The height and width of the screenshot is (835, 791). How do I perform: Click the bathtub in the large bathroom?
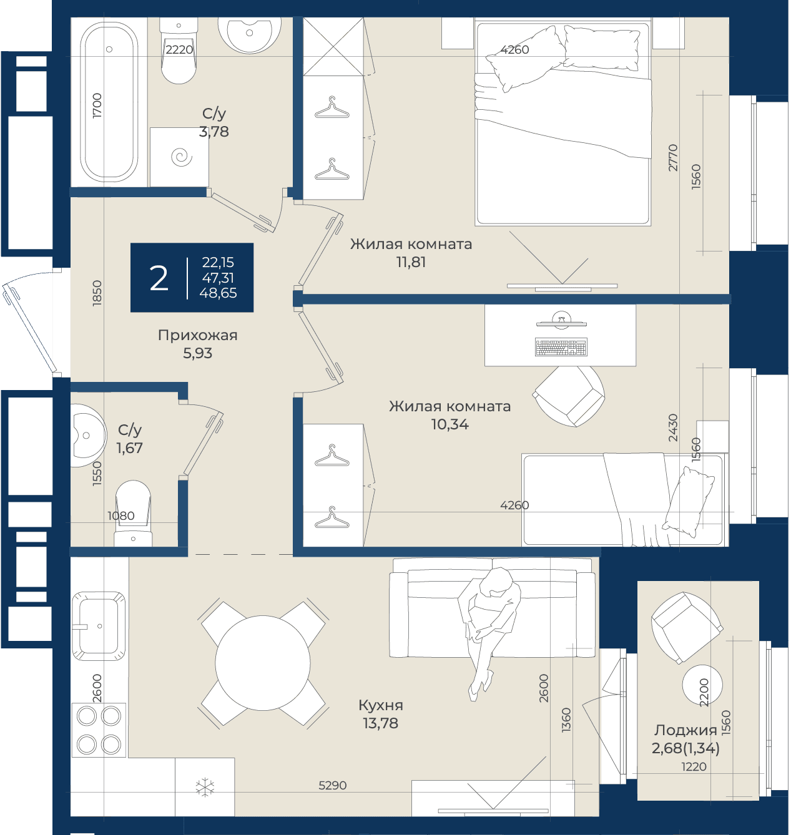pos(110,102)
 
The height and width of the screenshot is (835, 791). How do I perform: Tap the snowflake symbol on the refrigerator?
pos(205,787)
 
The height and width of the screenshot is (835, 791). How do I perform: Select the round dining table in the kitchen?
pos(263,663)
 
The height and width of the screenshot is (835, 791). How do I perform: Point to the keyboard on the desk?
pos(561,347)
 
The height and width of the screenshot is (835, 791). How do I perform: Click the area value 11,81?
pos(411,262)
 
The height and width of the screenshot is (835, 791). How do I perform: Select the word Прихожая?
pos(198,335)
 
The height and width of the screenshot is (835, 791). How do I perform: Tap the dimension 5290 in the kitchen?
pos(333,785)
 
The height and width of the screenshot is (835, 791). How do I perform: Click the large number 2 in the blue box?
pos(159,278)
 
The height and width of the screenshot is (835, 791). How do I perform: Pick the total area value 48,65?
pos(218,293)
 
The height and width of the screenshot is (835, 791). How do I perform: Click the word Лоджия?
pos(685,730)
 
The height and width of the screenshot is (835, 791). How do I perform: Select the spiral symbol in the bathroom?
pos(182,157)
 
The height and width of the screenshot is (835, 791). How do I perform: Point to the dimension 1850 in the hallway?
pos(97,293)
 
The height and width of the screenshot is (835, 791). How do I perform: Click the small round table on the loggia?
pos(702,685)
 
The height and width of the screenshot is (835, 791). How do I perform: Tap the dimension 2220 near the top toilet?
pos(179,50)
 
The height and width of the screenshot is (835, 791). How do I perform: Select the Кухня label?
pos(381,705)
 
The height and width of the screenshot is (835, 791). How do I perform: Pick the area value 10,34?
pos(450,424)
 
